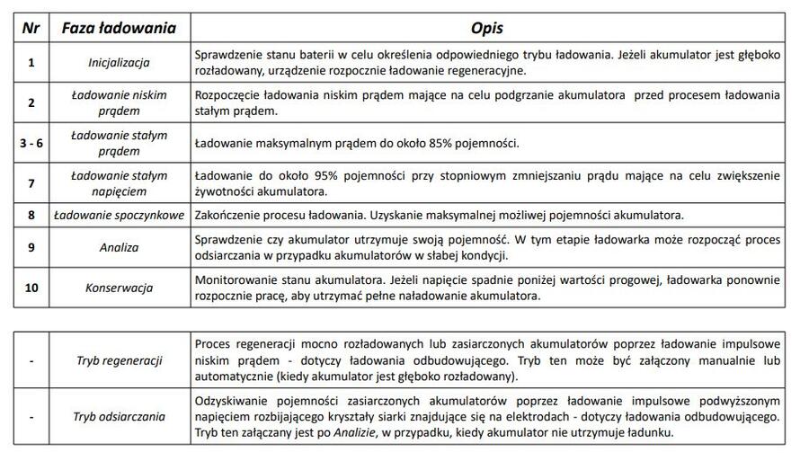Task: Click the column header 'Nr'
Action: tap(31, 27)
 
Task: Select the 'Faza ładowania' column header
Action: tap(119, 27)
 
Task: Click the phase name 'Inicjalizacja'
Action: tap(119, 62)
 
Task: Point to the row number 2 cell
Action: tap(31, 102)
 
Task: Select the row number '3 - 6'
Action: tap(31, 143)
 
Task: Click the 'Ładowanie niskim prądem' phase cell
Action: tap(119, 102)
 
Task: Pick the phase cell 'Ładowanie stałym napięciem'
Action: tap(119, 183)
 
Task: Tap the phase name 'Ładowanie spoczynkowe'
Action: tap(119, 216)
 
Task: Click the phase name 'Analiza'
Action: tap(119, 247)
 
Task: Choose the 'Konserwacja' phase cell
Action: tap(119, 288)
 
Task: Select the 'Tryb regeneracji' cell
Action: tap(119, 359)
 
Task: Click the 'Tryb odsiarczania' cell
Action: tap(119, 417)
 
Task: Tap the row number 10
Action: tap(31, 288)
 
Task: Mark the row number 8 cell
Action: tap(31, 216)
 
